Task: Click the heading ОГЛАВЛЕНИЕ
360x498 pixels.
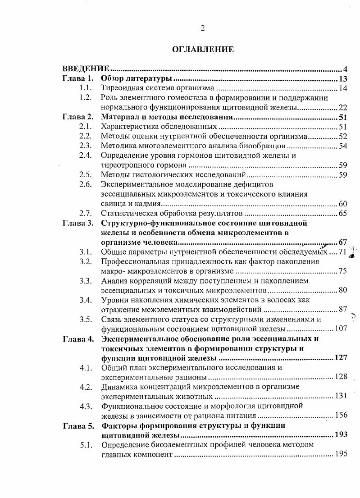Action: click(203, 50)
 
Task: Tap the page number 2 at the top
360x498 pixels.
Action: click(203, 28)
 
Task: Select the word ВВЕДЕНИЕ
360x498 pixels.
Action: click(86, 69)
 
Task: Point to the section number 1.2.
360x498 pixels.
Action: click(86, 98)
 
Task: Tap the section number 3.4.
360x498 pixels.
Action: click(86, 300)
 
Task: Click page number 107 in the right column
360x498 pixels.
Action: click(341, 329)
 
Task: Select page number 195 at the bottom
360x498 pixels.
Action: click(341, 454)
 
